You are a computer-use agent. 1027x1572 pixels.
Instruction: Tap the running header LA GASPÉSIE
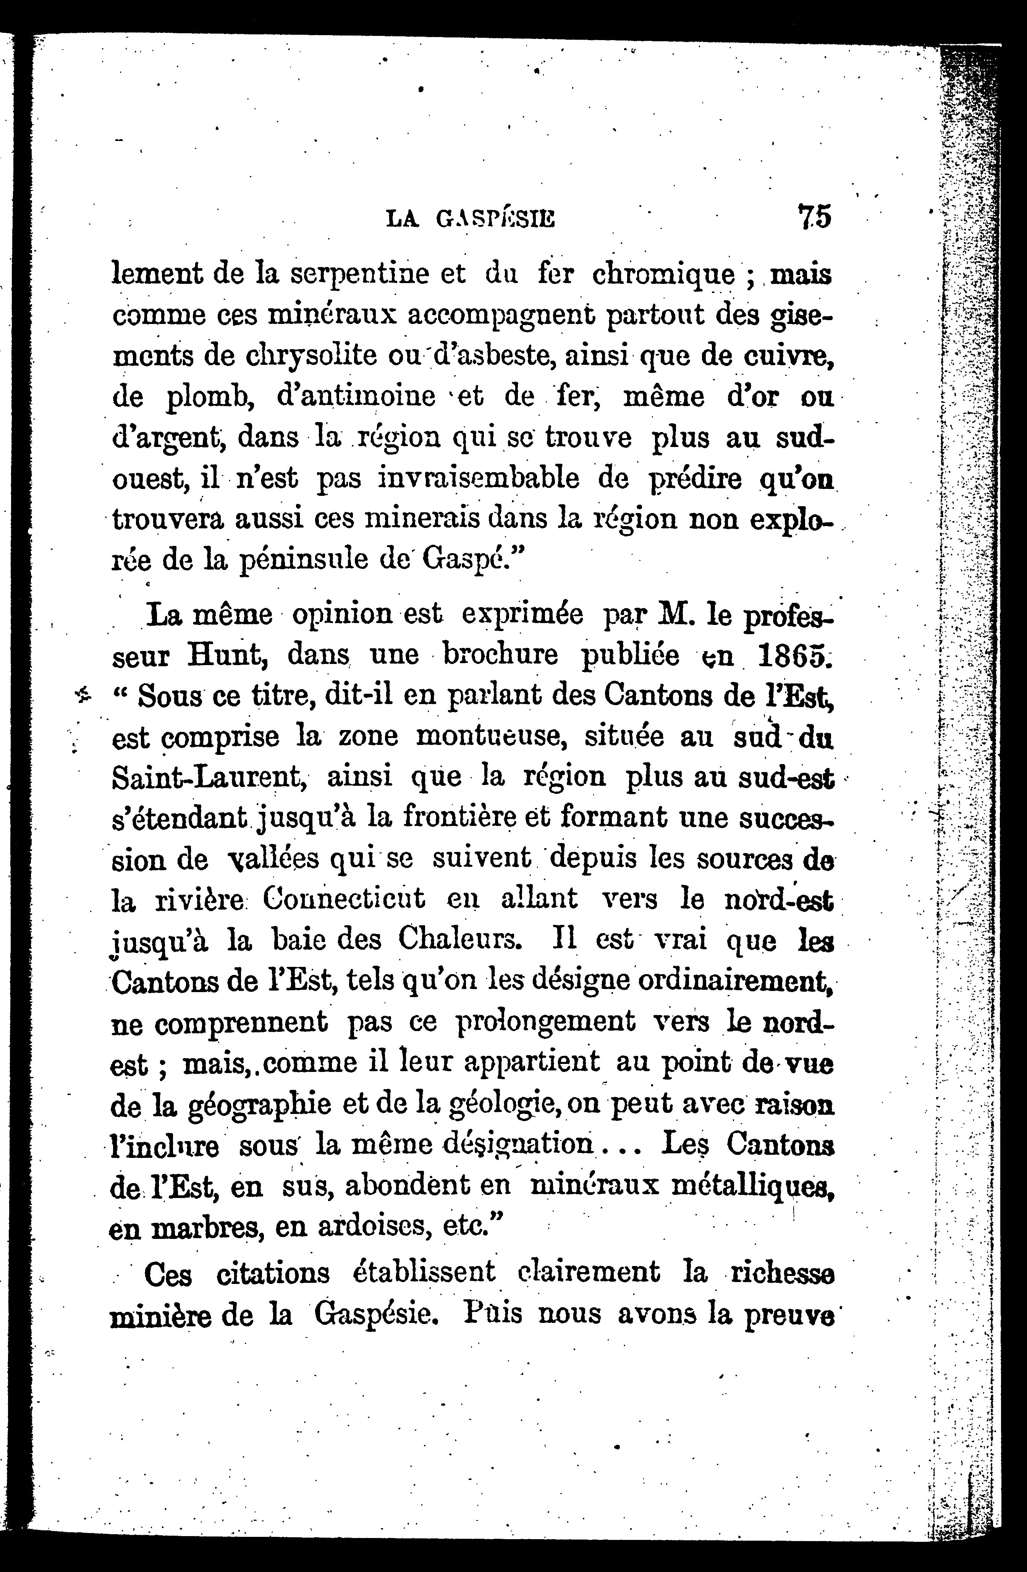470,219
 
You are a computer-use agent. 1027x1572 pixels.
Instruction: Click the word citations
273,1273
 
